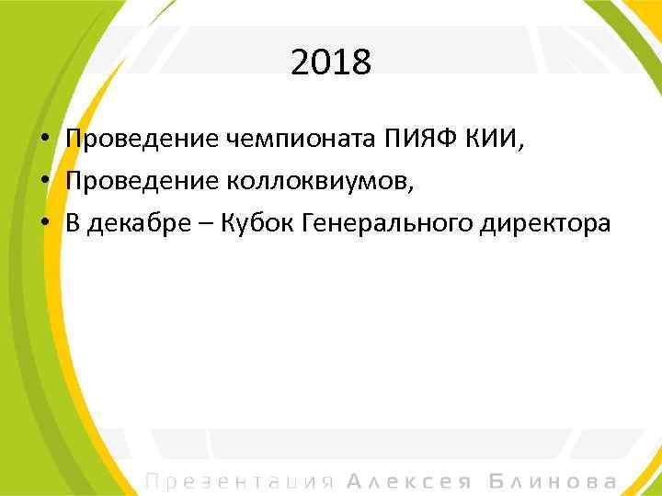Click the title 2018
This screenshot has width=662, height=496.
click(331, 63)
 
